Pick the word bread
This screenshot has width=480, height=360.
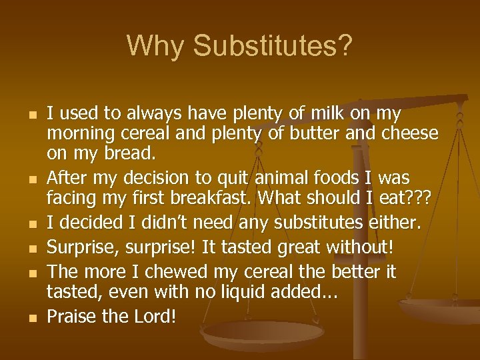[x=131, y=153]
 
